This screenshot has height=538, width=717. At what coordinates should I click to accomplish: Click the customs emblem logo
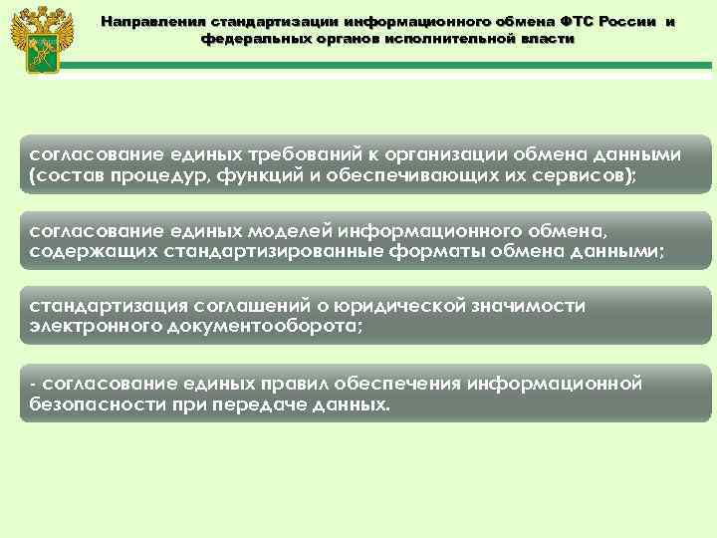(36, 40)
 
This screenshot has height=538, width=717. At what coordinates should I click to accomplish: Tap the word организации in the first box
(446, 155)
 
